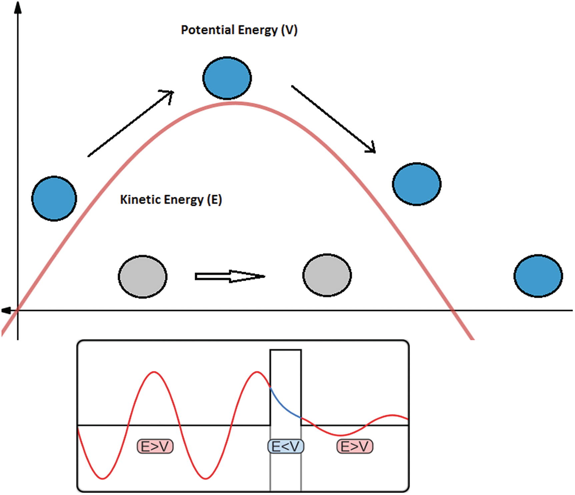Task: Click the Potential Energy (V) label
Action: click(x=239, y=30)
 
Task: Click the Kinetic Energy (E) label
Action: click(x=171, y=200)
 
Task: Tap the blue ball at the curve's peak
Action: click(x=227, y=78)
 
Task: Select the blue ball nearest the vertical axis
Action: click(x=54, y=198)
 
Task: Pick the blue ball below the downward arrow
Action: click(x=417, y=184)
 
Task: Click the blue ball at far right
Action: click(x=538, y=276)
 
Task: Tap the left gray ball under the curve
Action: click(x=143, y=277)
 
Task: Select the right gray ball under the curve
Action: click(x=327, y=275)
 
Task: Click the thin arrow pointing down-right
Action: click(x=333, y=119)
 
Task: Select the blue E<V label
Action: click(x=286, y=446)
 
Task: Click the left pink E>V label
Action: click(x=155, y=446)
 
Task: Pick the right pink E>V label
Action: click(x=355, y=446)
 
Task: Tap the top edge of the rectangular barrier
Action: click(x=286, y=350)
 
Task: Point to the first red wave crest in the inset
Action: click(x=154, y=372)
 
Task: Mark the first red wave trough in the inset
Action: click(x=103, y=479)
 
